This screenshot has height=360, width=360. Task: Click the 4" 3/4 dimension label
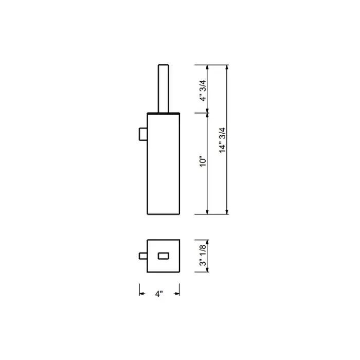[x=203, y=91]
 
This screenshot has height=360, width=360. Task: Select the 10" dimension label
[x=203, y=161]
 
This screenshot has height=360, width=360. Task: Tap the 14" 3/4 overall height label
[x=222, y=140]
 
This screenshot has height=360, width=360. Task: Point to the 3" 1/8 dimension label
[x=203, y=255]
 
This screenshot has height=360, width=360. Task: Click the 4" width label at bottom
[x=159, y=294]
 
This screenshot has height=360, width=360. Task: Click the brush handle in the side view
[x=163, y=89]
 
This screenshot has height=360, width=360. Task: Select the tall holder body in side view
[x=163, y=164]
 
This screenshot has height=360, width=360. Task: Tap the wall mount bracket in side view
[x=143, y=134]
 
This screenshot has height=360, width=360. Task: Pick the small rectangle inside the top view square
[x=163, y=256]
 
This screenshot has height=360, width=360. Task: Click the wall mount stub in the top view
[x=143, y=256]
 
